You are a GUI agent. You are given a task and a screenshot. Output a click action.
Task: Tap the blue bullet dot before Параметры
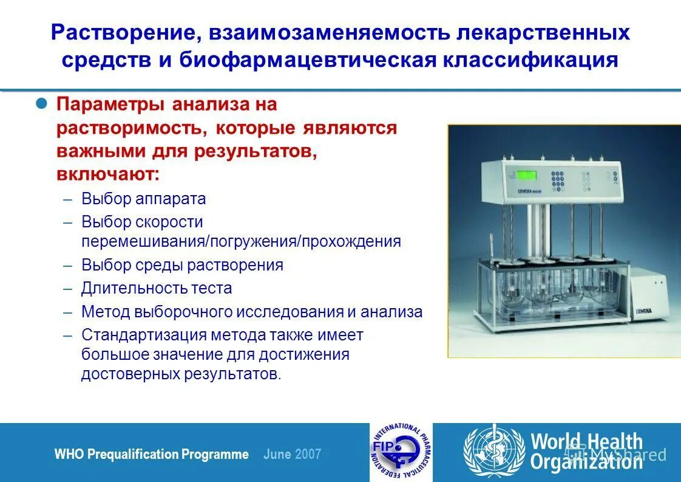pos(42,103)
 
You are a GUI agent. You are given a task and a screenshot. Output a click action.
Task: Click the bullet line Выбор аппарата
pos(144,199)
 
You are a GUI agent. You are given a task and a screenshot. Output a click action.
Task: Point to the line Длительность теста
pos(157,288)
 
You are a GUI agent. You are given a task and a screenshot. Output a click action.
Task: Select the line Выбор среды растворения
pos(182,266)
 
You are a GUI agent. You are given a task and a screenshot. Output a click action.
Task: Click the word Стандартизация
pos(144,335)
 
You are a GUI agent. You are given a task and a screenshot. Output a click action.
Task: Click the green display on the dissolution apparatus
pos(526,175)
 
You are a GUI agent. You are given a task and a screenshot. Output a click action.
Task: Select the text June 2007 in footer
pos(293,455)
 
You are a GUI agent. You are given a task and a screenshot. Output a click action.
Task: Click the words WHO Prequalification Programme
pos(151,455)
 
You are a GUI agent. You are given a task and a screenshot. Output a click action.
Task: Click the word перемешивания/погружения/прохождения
pos(241,241)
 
